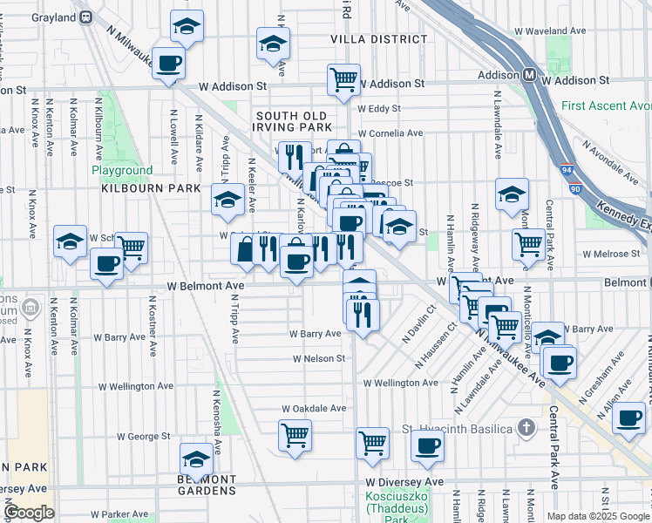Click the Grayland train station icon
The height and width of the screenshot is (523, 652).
point(85,16)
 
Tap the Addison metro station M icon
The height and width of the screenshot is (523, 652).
point(529,76)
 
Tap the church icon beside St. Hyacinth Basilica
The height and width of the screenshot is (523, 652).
point(525,428)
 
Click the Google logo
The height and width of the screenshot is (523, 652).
point(29,513)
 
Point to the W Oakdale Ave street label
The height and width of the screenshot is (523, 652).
point(313,408)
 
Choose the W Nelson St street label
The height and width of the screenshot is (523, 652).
point(319,358)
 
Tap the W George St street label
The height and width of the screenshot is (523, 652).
point(139,435)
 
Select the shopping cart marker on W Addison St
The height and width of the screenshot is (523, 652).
point(343,80)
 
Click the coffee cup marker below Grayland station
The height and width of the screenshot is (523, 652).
point(168,63)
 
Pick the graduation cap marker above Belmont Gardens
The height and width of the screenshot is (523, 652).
point(196,458)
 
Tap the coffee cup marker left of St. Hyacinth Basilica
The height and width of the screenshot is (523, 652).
point(427,447)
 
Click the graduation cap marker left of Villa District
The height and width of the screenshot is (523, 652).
point(273,43)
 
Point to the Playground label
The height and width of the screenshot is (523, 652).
point(122,171)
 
